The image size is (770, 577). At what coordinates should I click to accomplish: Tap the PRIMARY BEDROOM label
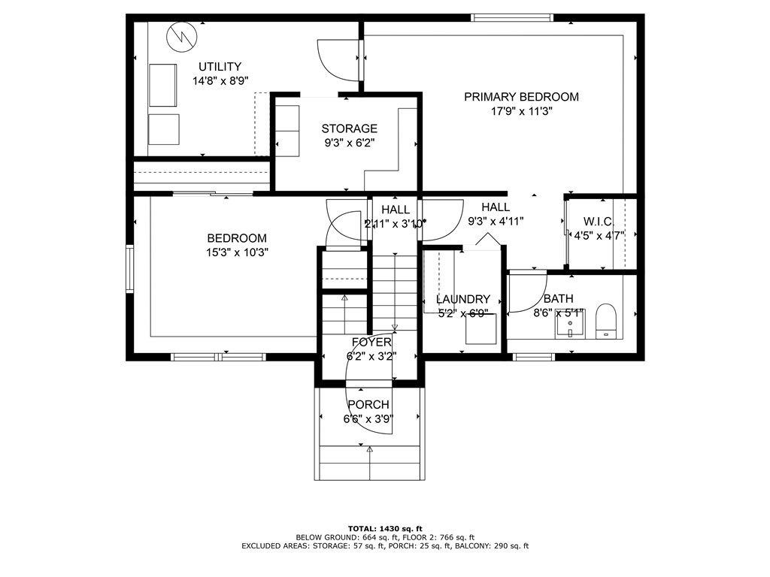(521, 97)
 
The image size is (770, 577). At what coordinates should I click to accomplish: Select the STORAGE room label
(349, 128)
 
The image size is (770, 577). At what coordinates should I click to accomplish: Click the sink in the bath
(570, 325)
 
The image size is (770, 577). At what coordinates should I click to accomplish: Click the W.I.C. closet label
(599, 222)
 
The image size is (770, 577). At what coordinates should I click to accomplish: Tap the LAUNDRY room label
(462, 299)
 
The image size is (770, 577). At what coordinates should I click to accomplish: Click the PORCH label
(368, 405)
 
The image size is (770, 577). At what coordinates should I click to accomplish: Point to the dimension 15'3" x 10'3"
(237, 252)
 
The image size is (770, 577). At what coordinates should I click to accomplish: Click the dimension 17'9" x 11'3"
(521, 110)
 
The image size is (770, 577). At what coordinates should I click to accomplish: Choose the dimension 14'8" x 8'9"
(220, 80)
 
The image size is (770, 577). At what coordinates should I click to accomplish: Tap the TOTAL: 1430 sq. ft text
(385, 527)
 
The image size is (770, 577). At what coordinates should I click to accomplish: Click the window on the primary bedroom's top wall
(511, 17)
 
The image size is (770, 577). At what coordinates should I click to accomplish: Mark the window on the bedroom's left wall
(130, 268)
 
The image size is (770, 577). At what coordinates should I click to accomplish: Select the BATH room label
(558, 299)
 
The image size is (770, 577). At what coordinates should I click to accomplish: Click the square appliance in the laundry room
(479, 330)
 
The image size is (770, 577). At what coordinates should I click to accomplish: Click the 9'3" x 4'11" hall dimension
(496, 221)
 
